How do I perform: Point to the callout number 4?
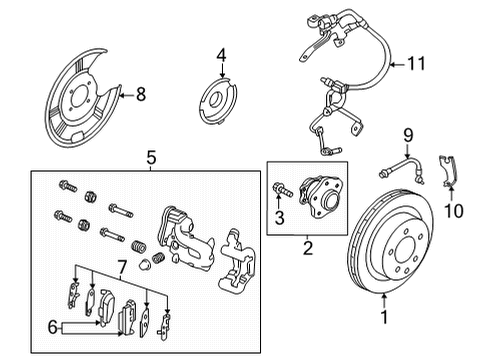click(x=221, y=55)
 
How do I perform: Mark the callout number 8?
click(x=140, y=96)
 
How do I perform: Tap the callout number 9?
click(x=407, y=133)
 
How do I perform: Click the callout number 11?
click(x=414, y=66)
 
